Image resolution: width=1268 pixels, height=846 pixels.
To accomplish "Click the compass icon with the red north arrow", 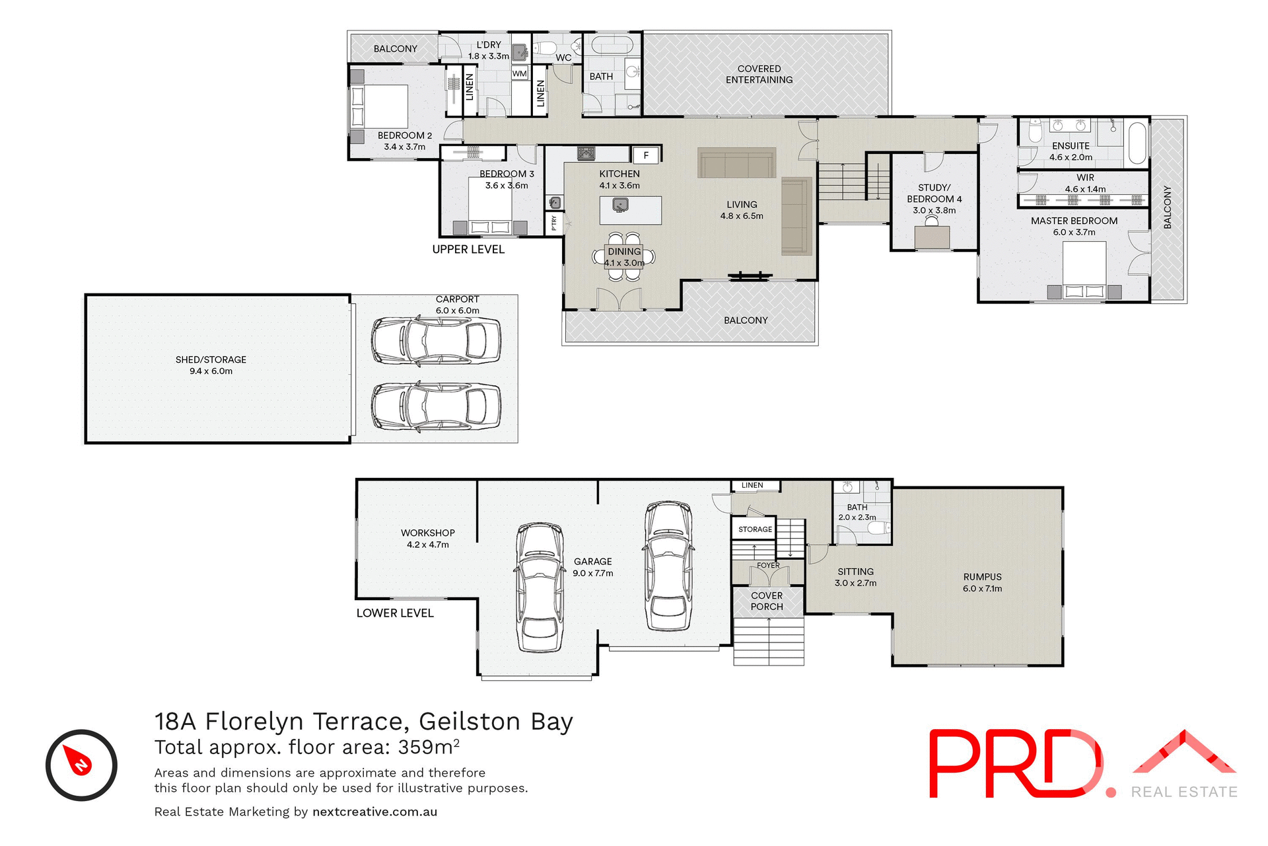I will tap(81, 765).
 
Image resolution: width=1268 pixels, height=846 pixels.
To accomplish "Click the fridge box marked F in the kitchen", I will tap(646, 155).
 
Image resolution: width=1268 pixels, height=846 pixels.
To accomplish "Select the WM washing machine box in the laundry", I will tap(520, 73).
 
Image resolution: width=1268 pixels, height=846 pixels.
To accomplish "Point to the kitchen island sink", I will tap(620, 204).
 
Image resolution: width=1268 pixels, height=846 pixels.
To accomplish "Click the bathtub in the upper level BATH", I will tap(612, 45).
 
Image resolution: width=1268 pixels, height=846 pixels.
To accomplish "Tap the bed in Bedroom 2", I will tap(380, 106).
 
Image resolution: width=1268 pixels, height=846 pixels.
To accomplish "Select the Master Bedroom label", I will tap(1074, 221).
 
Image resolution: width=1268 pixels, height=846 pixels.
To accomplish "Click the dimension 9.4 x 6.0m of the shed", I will tap(211, 371).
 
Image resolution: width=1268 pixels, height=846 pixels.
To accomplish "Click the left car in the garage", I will tap(540, 588).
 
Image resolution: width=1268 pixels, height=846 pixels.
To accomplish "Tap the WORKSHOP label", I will tap(427, 533).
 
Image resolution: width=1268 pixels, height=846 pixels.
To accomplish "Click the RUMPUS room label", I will tap(982, 577).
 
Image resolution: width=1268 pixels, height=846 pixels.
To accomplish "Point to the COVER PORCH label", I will tap(767, 601).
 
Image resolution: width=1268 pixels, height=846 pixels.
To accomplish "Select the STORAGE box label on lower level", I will tap(755, 529).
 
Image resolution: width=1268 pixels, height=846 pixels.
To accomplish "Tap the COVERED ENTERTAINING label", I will tap(759, 74).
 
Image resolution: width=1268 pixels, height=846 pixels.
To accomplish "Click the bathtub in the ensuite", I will tap(1137, 142).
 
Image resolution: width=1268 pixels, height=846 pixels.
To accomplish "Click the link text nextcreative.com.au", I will tap(374, 812).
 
